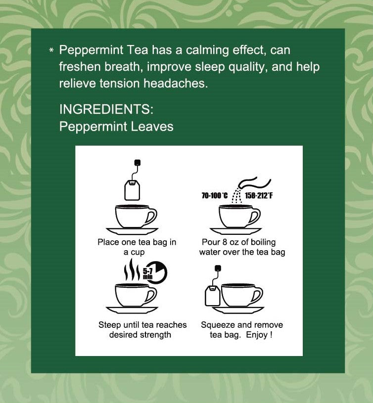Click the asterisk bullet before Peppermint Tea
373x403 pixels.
[x=51, y=51]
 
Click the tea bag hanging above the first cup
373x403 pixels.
[x=133, y=189]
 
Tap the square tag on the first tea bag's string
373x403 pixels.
[x=138, y=162]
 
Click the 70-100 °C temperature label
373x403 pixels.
[x=215, y=196]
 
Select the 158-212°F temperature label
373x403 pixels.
[x=259, y=196]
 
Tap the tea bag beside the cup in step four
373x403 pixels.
[x=212, y=295]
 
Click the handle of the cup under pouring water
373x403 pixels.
[x=255, y=216]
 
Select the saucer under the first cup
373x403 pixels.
[x=132, y=231]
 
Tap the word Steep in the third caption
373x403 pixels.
[x=109, y=325]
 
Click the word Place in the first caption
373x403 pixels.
[x=108, y=242]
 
